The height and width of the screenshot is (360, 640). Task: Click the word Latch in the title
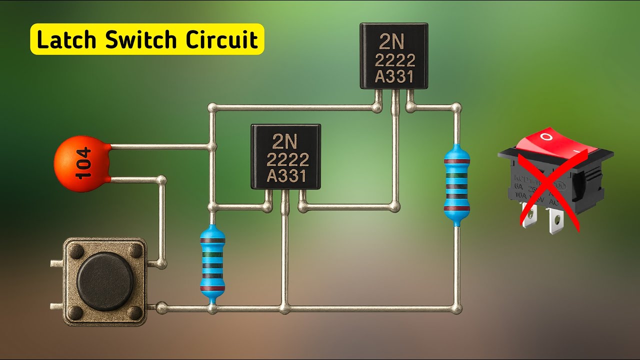(x=66, y=40)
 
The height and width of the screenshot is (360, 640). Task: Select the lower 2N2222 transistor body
(x=285, y=156)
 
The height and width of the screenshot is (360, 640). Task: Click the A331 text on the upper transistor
(x=394, y=77)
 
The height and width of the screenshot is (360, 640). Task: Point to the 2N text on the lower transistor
(x=285, y=142)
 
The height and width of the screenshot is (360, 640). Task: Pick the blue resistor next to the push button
(x=212, y=265)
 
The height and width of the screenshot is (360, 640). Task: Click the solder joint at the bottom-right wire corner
(x=456, y=309)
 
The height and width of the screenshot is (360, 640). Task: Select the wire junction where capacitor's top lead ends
(x=212, y=147)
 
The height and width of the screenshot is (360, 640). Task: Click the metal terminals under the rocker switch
(x=542, y=220)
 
